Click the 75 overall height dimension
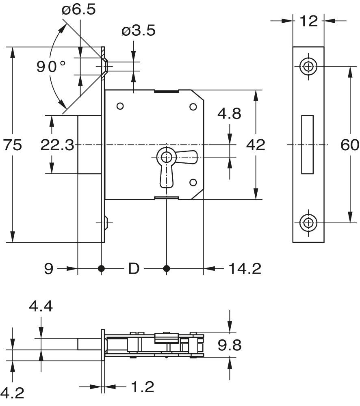click(12, 145)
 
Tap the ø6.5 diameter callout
click(79, 10)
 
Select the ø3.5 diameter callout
click(138, 30)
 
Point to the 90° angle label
click(51, 67)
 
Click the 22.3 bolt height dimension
click(57, 145)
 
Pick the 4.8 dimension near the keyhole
click(229, 114)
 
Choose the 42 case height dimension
click(256, 145)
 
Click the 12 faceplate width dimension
click(309, 21)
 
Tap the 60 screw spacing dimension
click(349, 145)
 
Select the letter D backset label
click(134, 268)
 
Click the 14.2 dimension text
click(245, 268)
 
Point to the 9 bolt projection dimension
click(49, 268)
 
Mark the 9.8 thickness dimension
click(230, 345)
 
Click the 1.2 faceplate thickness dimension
click(143, 387)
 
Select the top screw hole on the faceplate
click(308, 66)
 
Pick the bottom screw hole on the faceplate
click(308, 222)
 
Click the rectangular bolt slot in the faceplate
click(308, 144)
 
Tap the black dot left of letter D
click(101, 268)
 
